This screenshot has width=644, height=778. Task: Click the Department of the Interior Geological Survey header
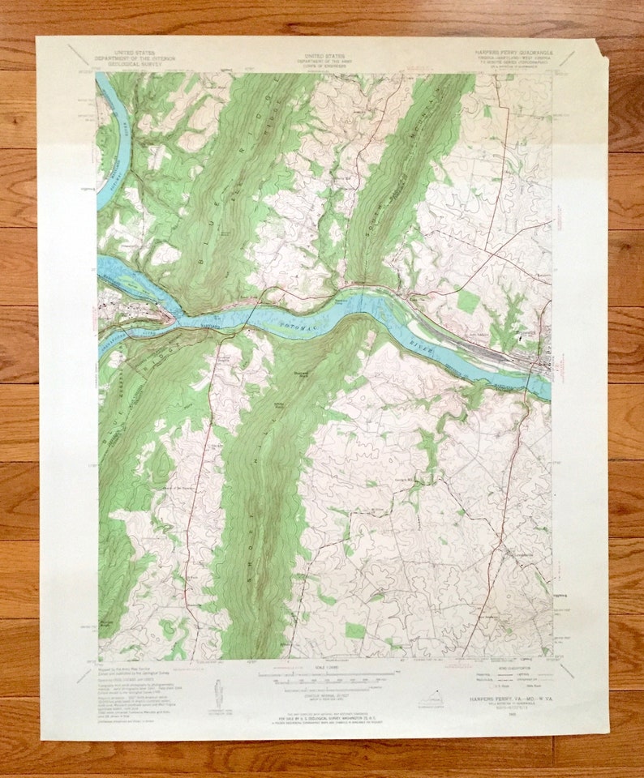click(x=134, y=55)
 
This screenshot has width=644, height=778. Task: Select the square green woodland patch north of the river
click(x=467, y=301)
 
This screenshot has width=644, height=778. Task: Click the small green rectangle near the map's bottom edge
click(x=355, y=630)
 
